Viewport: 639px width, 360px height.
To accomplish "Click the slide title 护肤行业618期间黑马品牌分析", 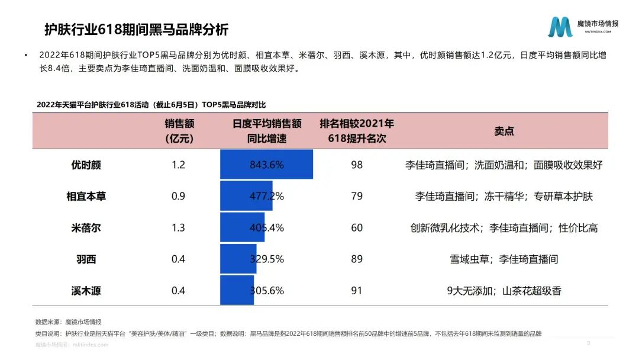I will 136,30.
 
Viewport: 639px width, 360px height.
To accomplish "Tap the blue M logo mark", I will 560,27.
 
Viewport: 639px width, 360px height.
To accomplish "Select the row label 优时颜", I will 86,165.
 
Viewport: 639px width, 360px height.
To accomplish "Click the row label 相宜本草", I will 86,196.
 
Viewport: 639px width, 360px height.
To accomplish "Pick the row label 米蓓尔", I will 86,227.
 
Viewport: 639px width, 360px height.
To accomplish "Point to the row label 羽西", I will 86,259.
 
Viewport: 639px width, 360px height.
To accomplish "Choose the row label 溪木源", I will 86,290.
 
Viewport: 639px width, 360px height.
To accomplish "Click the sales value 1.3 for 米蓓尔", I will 178,227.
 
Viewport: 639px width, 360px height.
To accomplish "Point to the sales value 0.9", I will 178,196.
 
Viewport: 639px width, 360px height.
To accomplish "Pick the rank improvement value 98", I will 357,165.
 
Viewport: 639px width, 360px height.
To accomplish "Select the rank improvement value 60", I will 357,227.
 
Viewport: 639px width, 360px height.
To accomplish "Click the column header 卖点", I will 504,131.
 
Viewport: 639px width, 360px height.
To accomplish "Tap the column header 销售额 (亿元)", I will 179,131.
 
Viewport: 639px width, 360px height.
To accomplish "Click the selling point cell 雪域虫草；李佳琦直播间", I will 504,259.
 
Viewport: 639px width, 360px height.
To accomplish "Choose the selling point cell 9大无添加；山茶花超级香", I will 504,290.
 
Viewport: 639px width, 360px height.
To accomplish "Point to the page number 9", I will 588,343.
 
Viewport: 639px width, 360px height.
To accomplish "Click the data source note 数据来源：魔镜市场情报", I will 68,322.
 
